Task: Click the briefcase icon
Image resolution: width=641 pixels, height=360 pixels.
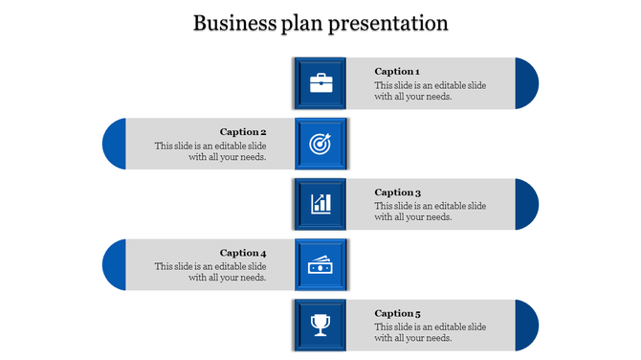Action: click(321, 83)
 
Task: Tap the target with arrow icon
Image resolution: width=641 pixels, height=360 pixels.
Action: click(321, 144)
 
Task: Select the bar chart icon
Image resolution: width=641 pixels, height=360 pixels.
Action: click(321, 204)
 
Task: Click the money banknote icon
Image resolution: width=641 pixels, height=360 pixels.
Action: click(321, 265)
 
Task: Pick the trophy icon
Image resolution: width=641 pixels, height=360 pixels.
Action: click(321, 326)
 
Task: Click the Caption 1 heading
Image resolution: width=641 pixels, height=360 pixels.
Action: click(396, 72)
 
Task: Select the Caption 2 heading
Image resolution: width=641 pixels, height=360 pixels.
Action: click(243, 132)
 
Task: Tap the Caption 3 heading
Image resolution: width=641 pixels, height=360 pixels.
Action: click(396, 192)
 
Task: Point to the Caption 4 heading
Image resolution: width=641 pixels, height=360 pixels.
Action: click(243, 254)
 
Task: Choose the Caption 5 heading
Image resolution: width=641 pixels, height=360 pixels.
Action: click(396, 314)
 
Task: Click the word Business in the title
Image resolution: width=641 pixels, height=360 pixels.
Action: click(233, 23)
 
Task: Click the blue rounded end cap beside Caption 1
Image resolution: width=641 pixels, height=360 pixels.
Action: click(527, 83)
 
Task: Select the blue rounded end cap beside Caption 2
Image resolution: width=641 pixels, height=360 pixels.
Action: click(114, 144)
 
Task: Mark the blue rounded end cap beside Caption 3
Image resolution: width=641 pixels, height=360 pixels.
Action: click(527, 204)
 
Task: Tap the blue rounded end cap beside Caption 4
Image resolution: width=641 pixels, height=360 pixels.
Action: click(114, 265)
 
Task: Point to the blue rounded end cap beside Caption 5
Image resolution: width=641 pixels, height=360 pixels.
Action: click(527, 326)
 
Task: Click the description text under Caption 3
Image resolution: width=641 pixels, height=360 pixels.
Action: click(430, 212)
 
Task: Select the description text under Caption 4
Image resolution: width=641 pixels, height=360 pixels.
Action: click(210, 272)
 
